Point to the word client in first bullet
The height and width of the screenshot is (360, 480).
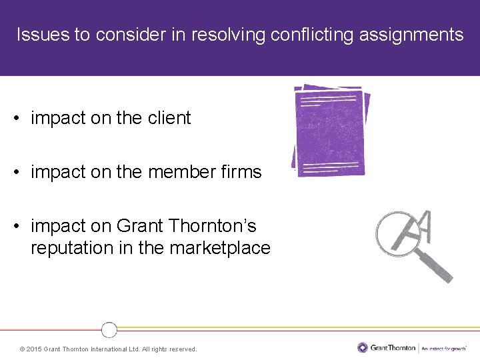pos(169,118)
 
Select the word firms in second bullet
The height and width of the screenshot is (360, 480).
pos(243,172)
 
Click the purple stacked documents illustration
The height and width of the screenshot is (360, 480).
pos(331,131)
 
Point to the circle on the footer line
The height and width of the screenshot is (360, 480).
pos(109,329)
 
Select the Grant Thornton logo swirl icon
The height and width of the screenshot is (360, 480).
pos(363,347)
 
